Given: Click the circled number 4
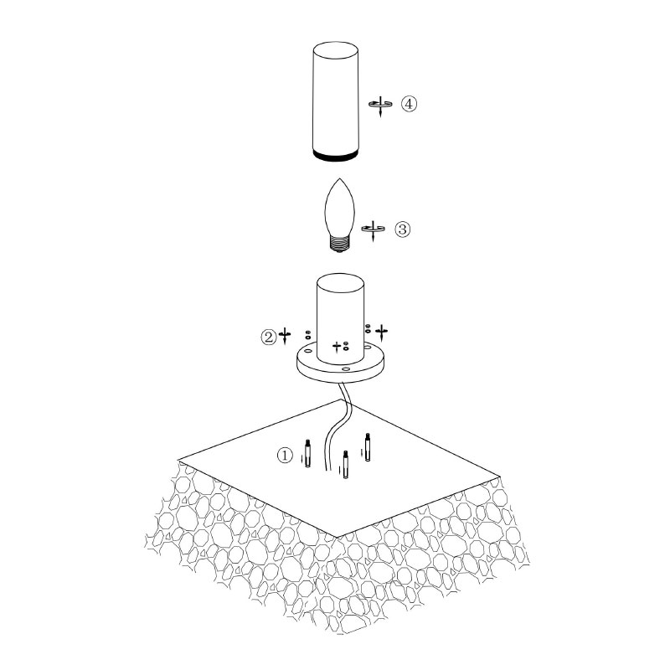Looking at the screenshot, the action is tap(409, 104).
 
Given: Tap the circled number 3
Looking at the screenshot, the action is tap(402, 229).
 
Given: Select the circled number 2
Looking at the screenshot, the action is tap(269, 338).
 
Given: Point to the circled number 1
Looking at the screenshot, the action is tap(285, 455).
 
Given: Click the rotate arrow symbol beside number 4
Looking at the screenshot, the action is tap(380, 106).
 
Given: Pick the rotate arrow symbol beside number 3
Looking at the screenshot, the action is tap(373, 230).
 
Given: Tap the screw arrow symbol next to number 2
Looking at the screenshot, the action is tap(285, 335).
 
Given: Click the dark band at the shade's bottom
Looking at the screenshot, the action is tap(336, 155).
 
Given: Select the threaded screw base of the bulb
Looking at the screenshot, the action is tap(340, 245).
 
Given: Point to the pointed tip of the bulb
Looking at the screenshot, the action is tap(339, 178).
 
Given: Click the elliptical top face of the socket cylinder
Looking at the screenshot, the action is tap(340, 283).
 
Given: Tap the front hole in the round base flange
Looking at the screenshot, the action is tap(345, 367).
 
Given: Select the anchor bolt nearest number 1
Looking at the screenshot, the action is tap(307, 453).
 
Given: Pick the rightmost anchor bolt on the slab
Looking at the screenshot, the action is tap(367, 447).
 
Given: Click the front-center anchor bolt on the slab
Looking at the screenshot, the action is tap(346, 465).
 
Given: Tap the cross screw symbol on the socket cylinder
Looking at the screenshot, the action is tap(338, 347).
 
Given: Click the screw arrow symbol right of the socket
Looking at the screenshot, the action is tap(382, 332).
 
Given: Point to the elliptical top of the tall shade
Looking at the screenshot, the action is tap(336, 49).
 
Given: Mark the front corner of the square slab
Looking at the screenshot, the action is tap(338, 537).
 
